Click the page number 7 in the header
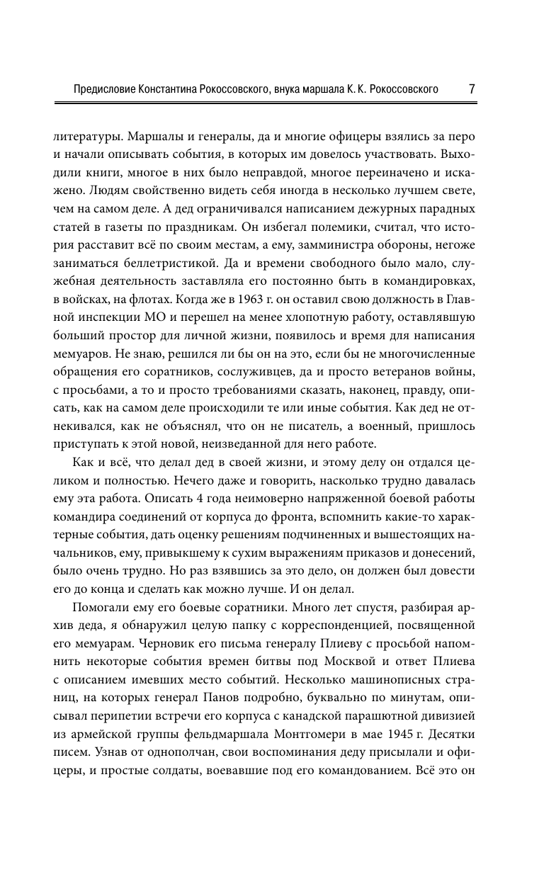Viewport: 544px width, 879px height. (x=472, y=89)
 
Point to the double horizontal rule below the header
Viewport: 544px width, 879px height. (x=271, y=103)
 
